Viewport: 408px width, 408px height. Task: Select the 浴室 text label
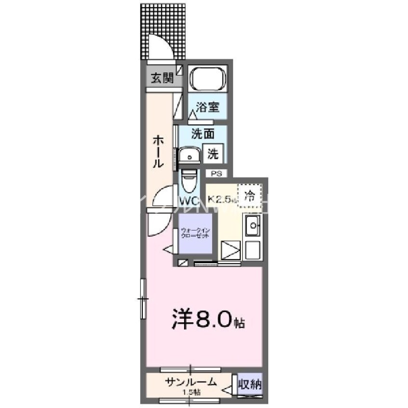point(208,107)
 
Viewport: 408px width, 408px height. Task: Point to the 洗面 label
point(203,135)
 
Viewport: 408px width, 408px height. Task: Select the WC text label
point(189,200)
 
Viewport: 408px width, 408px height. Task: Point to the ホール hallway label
point(157,151)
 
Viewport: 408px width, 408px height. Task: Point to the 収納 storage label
point(250,384)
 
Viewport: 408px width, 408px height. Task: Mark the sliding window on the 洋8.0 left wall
point(142,299)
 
